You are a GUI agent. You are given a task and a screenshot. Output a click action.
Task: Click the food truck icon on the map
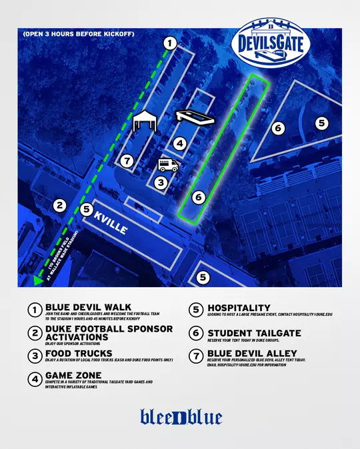[167, 165]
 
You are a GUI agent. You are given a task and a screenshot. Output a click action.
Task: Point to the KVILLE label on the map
[110, 223]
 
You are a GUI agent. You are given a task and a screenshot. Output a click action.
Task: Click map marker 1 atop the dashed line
[170, 43]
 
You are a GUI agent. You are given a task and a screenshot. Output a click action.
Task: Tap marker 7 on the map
[127, 161]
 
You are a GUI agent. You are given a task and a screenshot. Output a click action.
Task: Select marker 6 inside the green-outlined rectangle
[198, 198]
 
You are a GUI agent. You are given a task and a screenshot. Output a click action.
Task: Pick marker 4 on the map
[179, 143]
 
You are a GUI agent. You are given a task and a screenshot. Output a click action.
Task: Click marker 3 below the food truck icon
[160, 182]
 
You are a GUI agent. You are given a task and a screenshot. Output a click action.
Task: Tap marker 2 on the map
[60, 205]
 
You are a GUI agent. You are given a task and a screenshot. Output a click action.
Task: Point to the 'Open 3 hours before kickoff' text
[78, 33]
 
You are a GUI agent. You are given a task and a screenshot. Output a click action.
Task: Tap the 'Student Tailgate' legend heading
[254, 333]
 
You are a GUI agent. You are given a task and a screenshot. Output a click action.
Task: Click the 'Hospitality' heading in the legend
[239, 308]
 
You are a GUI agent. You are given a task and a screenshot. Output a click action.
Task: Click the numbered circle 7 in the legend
[196, 355]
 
